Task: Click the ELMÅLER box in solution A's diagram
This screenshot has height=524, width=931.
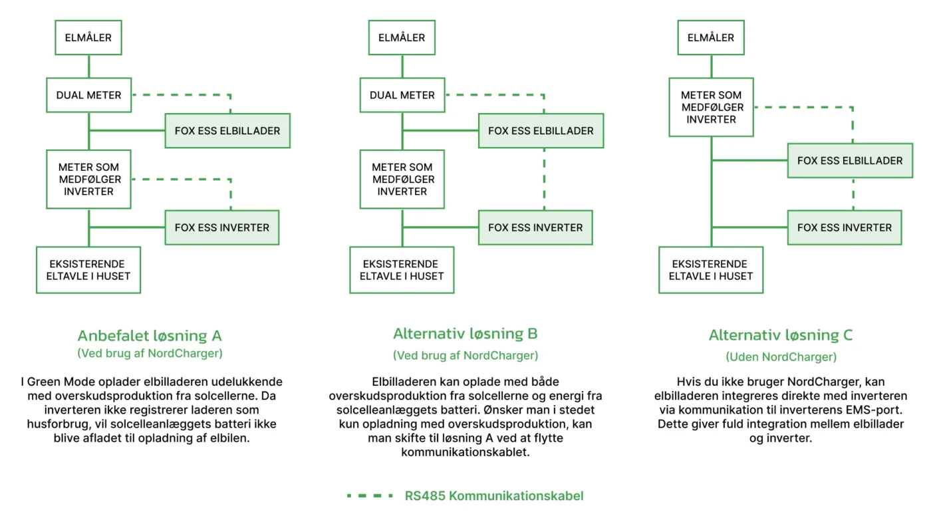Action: coord(88,37)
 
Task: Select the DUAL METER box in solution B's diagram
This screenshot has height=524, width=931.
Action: coord(402,95)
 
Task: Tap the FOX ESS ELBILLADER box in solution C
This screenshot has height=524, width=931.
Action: coord(850,161)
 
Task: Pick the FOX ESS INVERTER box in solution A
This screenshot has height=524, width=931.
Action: coord(222,227)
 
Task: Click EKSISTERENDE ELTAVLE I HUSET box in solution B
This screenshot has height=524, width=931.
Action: coord(402,270)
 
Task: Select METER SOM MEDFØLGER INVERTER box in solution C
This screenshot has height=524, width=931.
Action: coord(711,107)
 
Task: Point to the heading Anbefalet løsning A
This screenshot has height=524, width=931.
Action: coord(150,335)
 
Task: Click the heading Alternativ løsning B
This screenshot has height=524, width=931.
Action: coord(465,333)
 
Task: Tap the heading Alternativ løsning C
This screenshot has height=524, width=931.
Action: coord(781,335)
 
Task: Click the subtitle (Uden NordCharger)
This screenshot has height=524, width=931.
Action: coord(781,357)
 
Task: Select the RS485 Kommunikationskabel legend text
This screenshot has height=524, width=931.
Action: coord(494,496)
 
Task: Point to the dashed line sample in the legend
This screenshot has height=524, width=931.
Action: coord(370,496)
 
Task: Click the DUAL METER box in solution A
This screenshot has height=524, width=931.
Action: coord(89,95)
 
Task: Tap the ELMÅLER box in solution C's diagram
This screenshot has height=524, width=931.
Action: coord(711,37)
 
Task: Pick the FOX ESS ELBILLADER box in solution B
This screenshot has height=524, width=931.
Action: coord(541,131)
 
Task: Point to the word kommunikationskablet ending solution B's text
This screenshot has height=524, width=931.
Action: coord(465,452)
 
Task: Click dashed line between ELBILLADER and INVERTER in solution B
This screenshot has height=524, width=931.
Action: coord(544,179)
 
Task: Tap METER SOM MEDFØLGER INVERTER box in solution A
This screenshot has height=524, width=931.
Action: coord(89,179)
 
